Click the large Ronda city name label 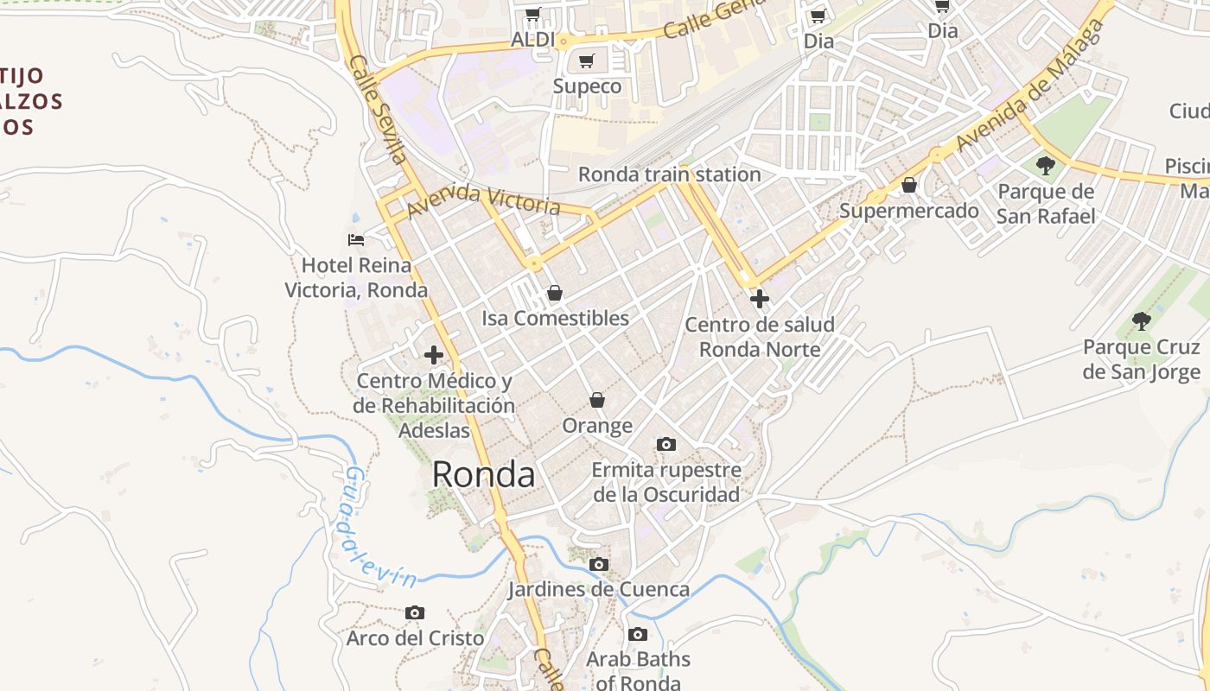click(x=483, y=474)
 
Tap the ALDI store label click(x=533, y=40)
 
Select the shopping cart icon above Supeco click(x=587, y=61)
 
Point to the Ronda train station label click(x=669, y=174)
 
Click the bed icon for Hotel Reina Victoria click(x=356, y=239)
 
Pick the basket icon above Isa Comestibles click(x=555, y=294)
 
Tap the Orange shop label click(x=597, y=426)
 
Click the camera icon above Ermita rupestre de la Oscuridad click(x=665, y=444)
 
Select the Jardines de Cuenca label click(x=598, y=590)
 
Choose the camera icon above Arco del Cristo click(x=415, y=612)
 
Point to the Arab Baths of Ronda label click(x=638, y=670)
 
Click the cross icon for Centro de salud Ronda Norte click(x=760, y=300)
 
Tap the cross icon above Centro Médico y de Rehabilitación click(x=434, y=355)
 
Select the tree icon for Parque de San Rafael click(x=1046, y=165)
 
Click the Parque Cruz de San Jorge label click(x=1141, y=359)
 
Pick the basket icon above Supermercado click(x=909, y=185)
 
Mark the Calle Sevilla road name click(x=378, y=109)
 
